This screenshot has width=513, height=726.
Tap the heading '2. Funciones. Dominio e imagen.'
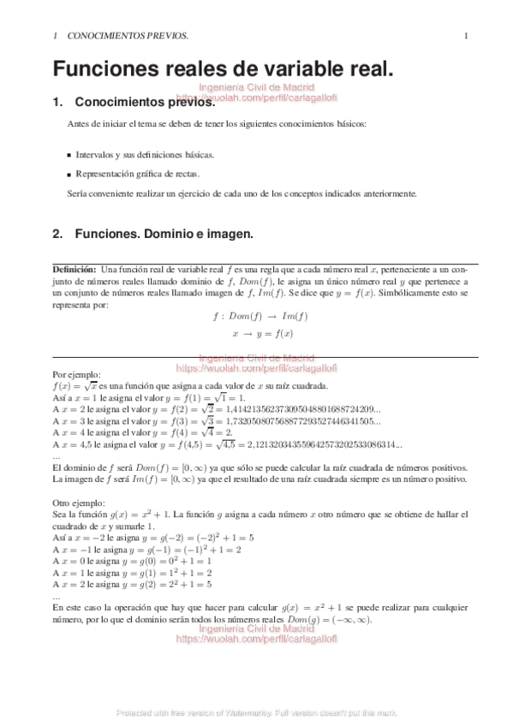click(152, 233)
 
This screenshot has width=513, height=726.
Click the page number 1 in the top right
click(466, 36)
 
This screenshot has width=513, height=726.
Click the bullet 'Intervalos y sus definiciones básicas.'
click(145, 155)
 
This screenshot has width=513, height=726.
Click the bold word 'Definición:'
click(75, 270)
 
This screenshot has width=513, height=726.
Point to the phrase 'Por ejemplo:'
click(77, 374)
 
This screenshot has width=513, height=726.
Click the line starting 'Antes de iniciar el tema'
click(216, 124)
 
